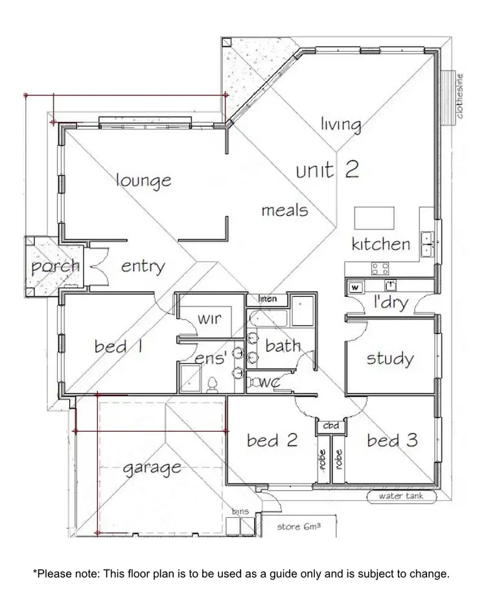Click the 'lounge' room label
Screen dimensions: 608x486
pos(143,181)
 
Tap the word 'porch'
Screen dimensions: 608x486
pos(56,266)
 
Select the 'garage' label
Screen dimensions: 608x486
pos(152,467)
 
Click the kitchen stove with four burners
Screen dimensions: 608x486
pos(380,268)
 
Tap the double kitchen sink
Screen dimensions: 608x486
pos(427,243)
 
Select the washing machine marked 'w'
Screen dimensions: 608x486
pos(356,286)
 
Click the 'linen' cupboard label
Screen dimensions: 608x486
pos(268,299)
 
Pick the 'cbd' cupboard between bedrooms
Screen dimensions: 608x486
pos(331,427)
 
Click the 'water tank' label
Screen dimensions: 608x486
pos(401,497)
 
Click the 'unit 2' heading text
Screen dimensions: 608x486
pos(327,170)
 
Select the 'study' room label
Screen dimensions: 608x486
pos(390,358)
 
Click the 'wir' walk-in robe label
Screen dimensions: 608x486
pos(210,319)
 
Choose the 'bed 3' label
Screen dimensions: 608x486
pos(393,441)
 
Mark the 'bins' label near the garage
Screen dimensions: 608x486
pos(240,512)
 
